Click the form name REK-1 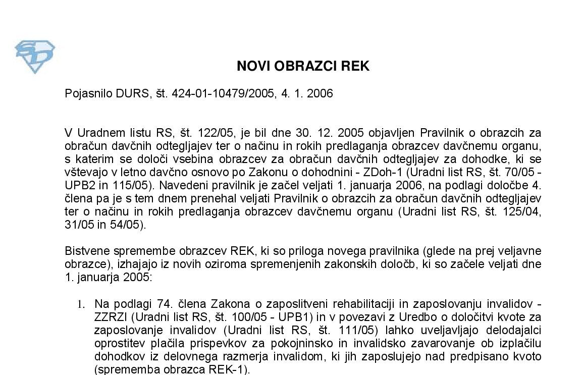click(229, 369)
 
